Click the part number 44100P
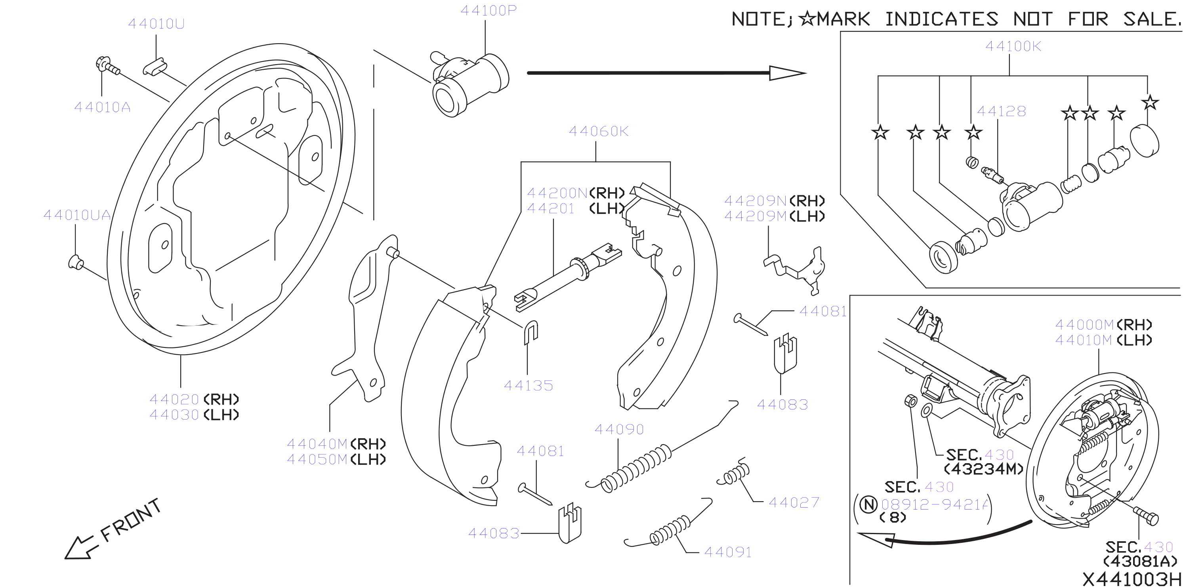[488, 10]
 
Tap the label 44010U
[156, 23]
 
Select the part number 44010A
[102, 107]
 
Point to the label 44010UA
[77, 214]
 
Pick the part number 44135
[529, 386]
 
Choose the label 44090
[619, 429]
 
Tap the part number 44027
[794, 502]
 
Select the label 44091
[728, 552]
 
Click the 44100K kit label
[1013, 46]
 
